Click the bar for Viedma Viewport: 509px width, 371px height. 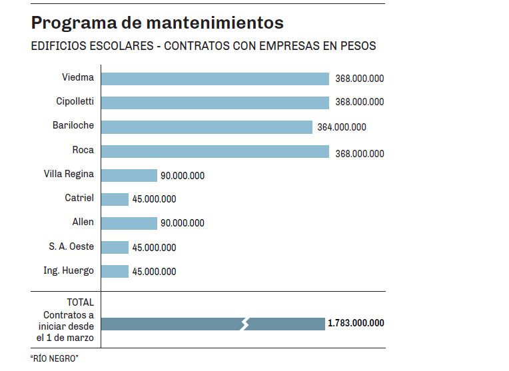[x=215, y=79]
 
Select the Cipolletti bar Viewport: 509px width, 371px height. [x=215, y=103]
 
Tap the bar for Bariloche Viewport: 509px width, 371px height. [x=207, y=127]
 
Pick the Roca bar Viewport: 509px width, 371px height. [x=215, y=151]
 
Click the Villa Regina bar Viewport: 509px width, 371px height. [x=129, y=175]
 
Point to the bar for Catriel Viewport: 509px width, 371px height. [x=115, y=199]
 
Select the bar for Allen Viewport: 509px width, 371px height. [x=129, y=223]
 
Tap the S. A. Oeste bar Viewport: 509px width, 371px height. [x=115, y=247]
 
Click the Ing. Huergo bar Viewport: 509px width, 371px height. [x=115, y=271]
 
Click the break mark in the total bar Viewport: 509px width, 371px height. [x=245, y=324]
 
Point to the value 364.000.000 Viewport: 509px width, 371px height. [x=342, y=127]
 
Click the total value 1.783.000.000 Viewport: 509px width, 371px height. [x=356, y=323]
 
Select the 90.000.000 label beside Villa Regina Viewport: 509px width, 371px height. [x=183, y=176]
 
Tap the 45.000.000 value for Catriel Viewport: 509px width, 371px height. [x=154, y=199]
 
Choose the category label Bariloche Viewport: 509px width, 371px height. [x=73, y=125]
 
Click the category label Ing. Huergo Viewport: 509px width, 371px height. [x=69, y=270]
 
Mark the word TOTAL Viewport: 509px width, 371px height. [x=81, y=302]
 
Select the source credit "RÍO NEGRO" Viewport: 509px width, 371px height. [x=55, y=358]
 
